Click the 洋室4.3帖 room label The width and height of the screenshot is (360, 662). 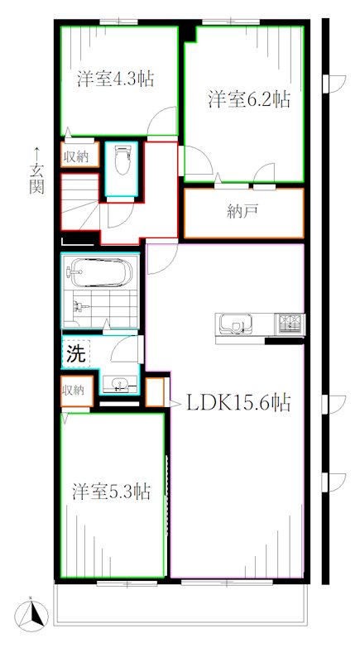pyautogui.click(x=117, y=79)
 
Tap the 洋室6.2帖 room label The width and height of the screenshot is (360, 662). pyautogui.click(x=248, y=100)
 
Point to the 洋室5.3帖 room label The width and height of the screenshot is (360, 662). pyautogui.click(x=110, y=491)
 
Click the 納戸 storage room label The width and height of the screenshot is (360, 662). pyautogui.click(x=242, y=211)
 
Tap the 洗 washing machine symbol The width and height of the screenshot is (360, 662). pyautogui.click(x=74, y=356)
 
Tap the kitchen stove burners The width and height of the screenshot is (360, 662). pyautogui.click(x=290, y=322)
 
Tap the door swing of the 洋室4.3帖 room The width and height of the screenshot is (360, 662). pyautogui.click(x=161, y=124)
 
